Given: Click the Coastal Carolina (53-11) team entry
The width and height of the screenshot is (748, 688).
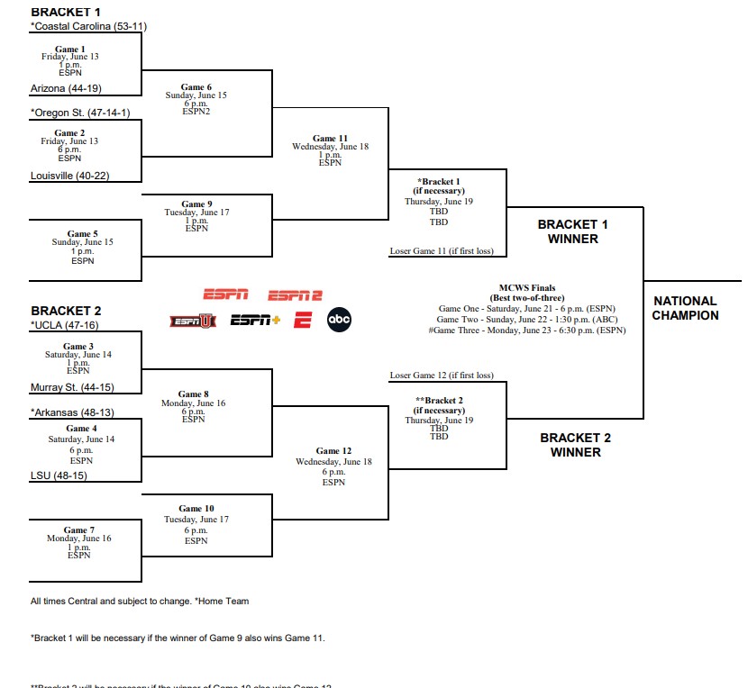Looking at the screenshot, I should [x=88, y=26].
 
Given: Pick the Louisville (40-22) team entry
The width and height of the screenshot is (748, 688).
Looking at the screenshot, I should [x=69, y=176].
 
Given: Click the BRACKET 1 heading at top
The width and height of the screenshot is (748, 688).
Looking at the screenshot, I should [x=66, y=12].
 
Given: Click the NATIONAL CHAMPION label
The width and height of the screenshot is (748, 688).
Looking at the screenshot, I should [x=686, y=308].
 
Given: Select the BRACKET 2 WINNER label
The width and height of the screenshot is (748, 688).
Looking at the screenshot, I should [x=575, y=445].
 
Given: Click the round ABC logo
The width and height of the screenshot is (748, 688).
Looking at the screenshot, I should [x=339, y=320].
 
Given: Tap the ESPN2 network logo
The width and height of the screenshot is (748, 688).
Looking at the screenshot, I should [x=295, y=295].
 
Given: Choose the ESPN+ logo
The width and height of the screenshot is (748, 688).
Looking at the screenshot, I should [x=256, y=320].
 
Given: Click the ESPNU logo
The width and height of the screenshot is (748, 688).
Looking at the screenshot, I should [x=193, y=321].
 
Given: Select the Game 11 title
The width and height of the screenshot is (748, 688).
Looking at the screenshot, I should [x=330, y=139].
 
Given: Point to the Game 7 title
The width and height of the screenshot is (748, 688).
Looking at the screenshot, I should [x=79, y=530].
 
